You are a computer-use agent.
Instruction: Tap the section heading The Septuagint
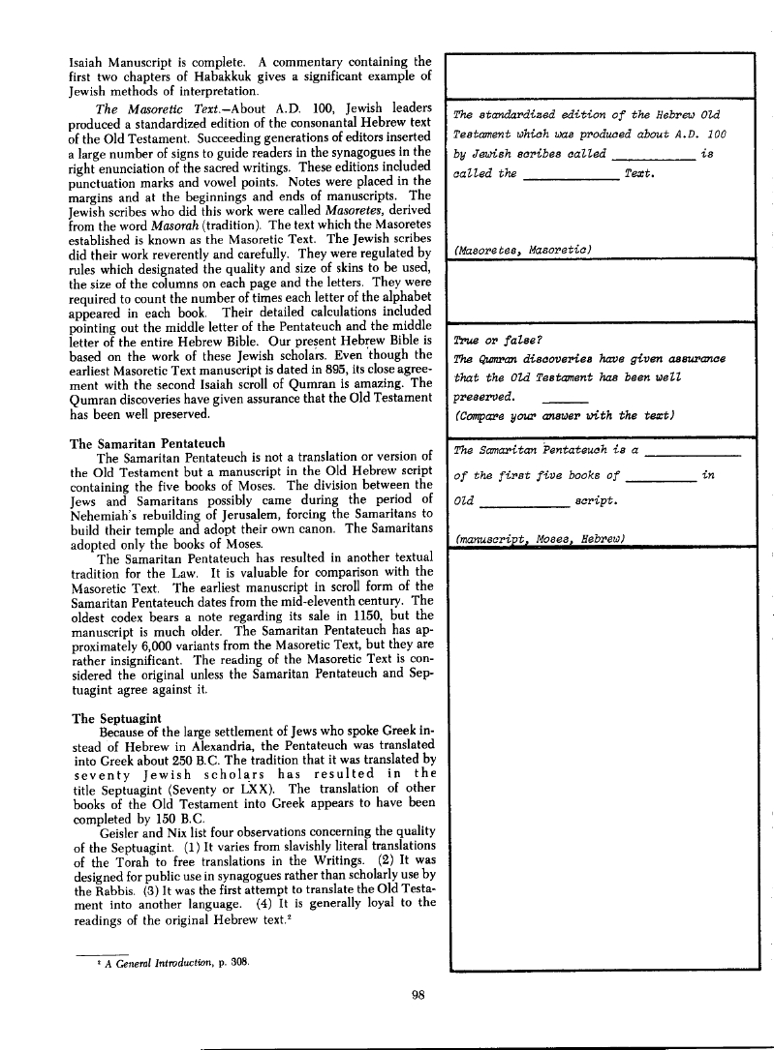(x=110, y=720)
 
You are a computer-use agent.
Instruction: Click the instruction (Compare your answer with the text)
(x=564, y=414)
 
